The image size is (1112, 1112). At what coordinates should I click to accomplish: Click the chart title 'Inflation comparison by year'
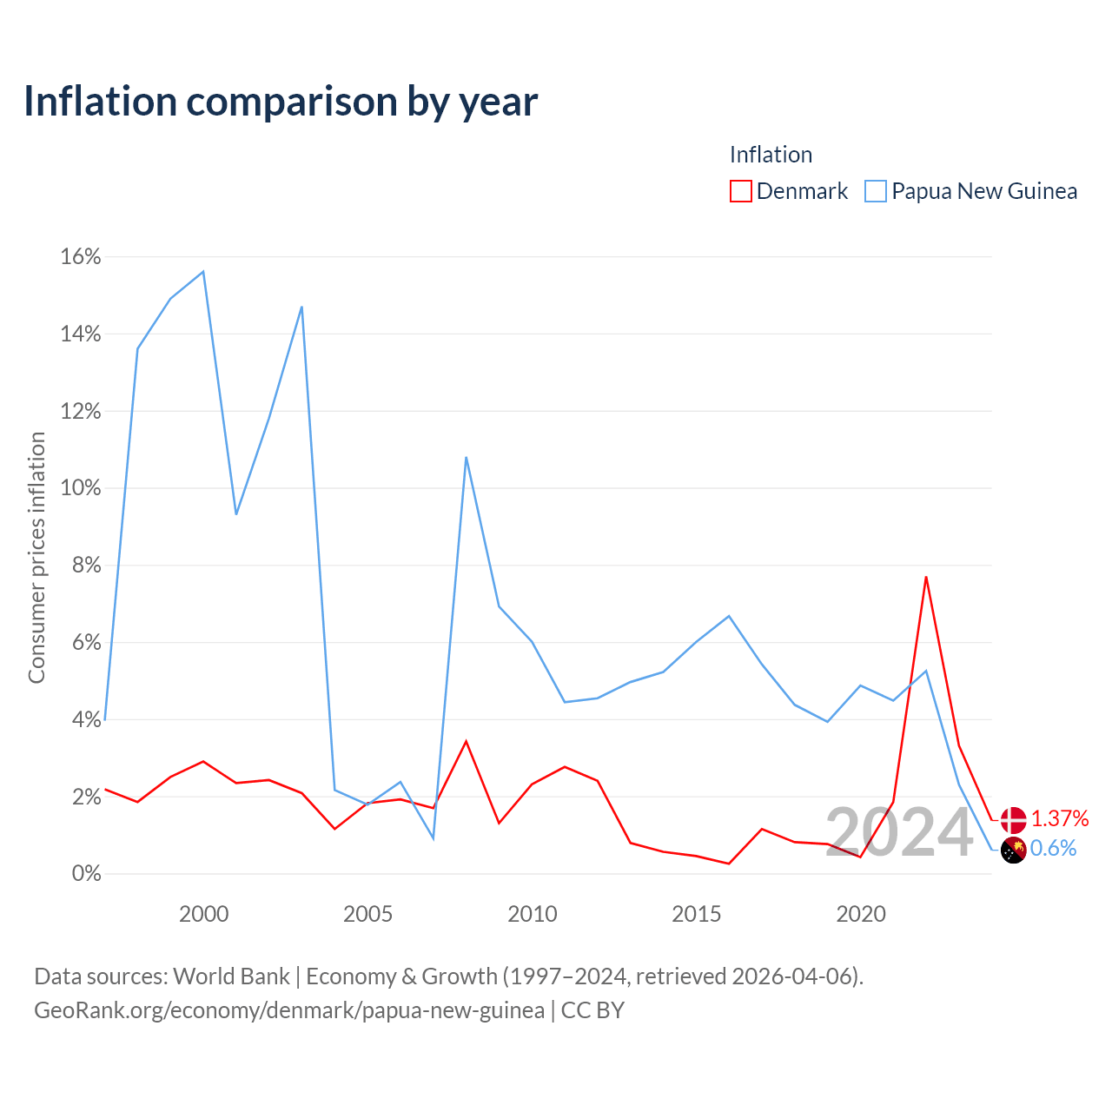click(x=281, y=102)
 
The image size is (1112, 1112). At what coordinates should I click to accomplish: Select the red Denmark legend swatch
click(x=740, y=191)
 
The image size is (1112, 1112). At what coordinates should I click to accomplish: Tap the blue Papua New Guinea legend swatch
click(x=876, y=191)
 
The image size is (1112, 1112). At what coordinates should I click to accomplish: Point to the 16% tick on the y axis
click(x=81, y=256)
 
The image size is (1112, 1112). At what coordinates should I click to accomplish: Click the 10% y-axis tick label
click(x=81, y=487)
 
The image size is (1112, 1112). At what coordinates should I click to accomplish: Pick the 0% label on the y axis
click(x=87, y=873)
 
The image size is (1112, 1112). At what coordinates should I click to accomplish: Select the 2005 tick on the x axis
click(x=367, y=913)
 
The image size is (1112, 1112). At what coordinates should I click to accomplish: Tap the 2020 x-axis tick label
click(x=861, y=913)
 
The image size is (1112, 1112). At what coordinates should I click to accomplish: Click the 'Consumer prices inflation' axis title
click(x=36, y=558)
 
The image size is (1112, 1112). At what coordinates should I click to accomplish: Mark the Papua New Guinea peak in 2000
click(x=203, y=271)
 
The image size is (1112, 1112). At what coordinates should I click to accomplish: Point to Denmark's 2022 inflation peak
click(x=926, y=577)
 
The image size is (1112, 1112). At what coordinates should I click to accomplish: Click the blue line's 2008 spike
click(x=467, y=458)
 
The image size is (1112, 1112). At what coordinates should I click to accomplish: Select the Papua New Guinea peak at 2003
click(x=301, y=307)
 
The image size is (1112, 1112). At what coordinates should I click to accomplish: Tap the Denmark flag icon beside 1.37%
click(x=1013, y=820)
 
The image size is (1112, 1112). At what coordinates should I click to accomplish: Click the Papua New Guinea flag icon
click(x=1013, y=850)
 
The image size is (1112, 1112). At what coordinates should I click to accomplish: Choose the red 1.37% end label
click(x=1060, y=818)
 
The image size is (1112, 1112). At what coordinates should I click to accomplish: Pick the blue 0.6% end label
click(x=1053, y=848)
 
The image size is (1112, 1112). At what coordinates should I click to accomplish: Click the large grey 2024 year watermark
click(x=900, y=832)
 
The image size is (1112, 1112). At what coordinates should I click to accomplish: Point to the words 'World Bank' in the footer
click(x=231, y=976)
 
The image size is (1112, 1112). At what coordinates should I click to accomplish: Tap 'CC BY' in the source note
click(x=592, y=1010)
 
